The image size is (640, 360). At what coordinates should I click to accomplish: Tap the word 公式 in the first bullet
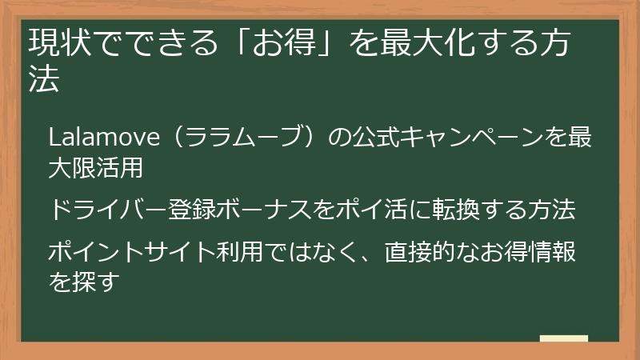[x=374, y=138]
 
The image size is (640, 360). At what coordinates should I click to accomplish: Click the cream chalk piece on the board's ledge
[x=563, y=338]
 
